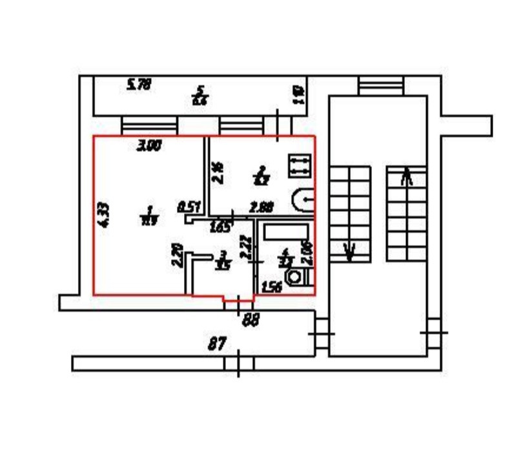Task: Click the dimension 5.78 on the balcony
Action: tap(139, 84)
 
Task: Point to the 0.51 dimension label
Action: tap(188, 207)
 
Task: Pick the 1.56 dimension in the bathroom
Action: tap(272, 288)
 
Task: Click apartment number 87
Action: tap(218, 344)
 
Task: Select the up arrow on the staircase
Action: tap(407, 176)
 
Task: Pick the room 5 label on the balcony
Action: tap(200, 95)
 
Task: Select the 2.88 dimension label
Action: tap(262, 207)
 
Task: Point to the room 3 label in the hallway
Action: tap(223, 260)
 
